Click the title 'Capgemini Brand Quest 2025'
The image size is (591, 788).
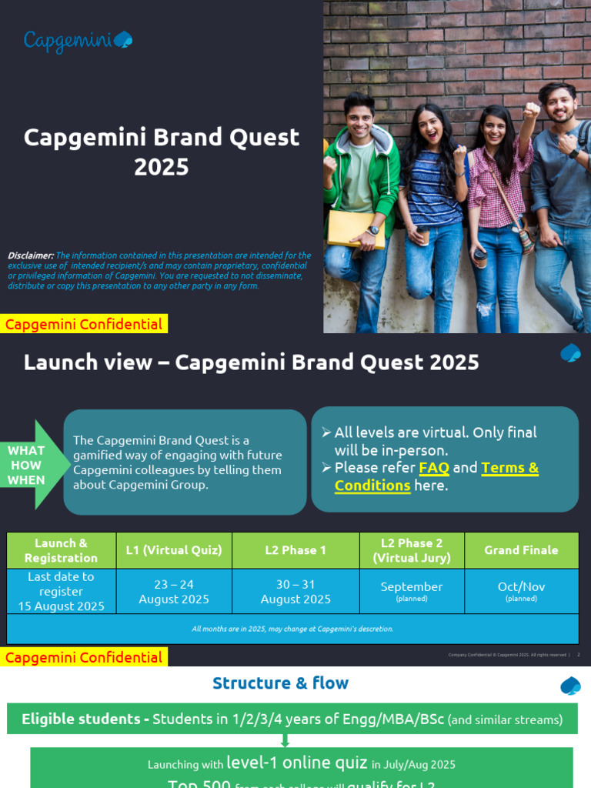pyautogui.click(x=162, y=152)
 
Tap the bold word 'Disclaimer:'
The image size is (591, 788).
pyautogui.click(x=31, y=255)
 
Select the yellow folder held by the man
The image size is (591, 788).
pyautogui.click(x=356, y=229)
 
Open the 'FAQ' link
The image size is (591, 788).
pyautogui.click(x=434, y=468)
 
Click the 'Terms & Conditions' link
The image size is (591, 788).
pyautogui.click(x=436, y=476)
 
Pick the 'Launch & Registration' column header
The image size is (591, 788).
pyautogui.click(x=62, y=550)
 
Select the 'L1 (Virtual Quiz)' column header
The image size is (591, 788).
pyautogui.click(x=174, y=550)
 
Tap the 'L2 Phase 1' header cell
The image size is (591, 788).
pyautogui.click(x=295, y=550)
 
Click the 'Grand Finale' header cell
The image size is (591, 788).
pyautogui.click(x=521, y=550)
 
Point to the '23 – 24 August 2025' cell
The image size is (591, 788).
pyautogui.click(x=174, y=591)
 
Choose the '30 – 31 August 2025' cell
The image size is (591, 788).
pyautogui.click(x=295, y=591)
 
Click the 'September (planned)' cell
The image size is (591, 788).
pyautogui.click(x=412, y=591)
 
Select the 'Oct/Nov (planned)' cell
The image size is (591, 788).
pyautogui.click(x=521, y=591)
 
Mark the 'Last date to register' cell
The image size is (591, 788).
pyautogui.click(x=62, y=591)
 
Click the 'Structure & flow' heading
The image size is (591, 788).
pyautogui.click(x=280, y=683)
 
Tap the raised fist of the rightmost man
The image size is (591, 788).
pyautogui.click(x=531, y=110)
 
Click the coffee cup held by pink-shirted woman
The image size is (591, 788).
pyautogui.click(x=479, y=258)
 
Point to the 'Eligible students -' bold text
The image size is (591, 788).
pyautogui.click(x=85, y=720)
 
